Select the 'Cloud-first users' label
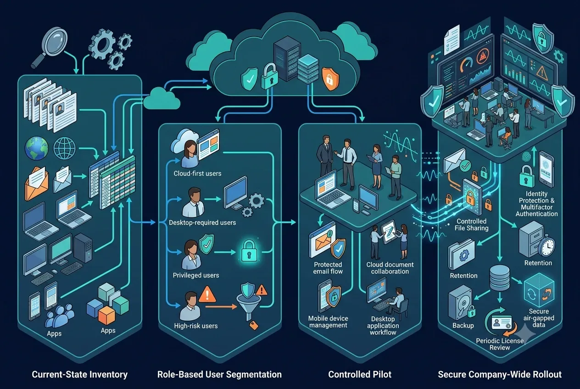[197, 173]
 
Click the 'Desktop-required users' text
[202, 222]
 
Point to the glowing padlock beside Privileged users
[249, 251]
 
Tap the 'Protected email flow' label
[328, 268]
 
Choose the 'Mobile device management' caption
[328, 322]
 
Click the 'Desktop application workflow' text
[383, 326]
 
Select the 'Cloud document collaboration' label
[390, 268]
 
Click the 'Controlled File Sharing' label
[472, 225]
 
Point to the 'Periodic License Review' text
[500, 344]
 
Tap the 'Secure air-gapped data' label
[539, 318]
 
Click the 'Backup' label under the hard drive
[463, 325]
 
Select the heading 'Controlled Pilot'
[360, 374]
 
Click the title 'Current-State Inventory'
[80, 374]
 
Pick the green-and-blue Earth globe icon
[37, 148]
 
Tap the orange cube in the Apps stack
[106, 315]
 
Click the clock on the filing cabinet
[547, 247]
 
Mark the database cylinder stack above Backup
[500, 278]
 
